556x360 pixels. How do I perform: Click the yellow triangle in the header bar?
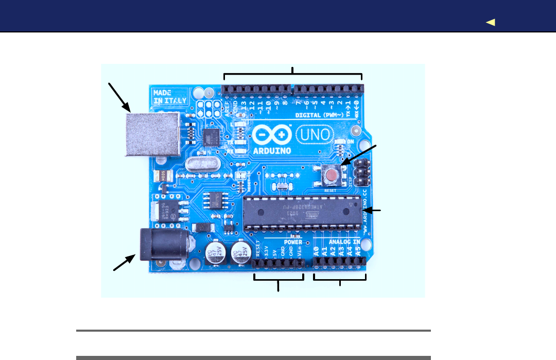[x=490, y=22]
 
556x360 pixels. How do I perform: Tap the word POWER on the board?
[x=293, y=242]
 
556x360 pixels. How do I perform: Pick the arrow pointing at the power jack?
[x=124, y=263]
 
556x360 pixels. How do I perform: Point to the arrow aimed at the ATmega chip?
[x=372, y=210]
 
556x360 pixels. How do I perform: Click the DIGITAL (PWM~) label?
[x=320, y=115]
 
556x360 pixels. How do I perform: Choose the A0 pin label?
[x=316, y=252]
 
